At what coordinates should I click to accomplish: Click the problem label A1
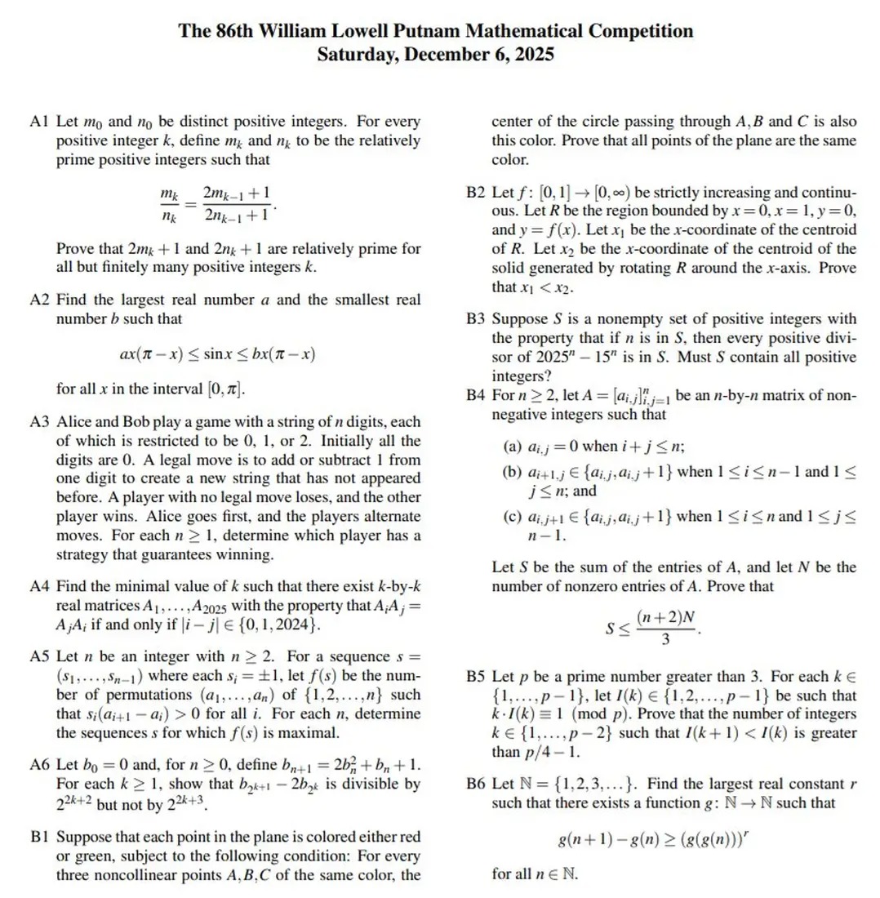pos(40,122)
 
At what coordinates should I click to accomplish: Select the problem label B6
pos(476,784)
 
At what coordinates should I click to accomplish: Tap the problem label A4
pos(40,589)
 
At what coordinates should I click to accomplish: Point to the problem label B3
pos(476,318)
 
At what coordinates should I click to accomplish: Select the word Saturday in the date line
pos(353,56)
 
